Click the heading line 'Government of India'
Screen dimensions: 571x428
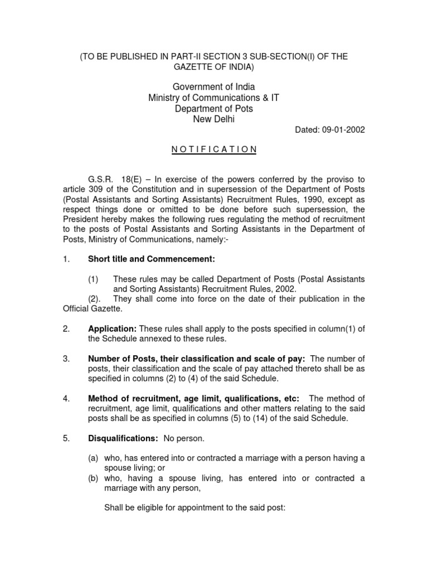[213, 86]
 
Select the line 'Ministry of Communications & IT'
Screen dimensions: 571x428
[213, 98]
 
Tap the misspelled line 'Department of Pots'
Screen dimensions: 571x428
[213, 109]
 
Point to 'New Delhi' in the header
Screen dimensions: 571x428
[213, 119]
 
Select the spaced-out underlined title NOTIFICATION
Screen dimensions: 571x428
[213, 149]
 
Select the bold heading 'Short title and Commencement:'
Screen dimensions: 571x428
[151, 259]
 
